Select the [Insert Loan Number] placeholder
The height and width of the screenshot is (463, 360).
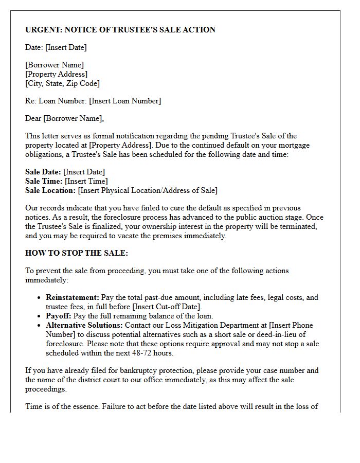[125, 101]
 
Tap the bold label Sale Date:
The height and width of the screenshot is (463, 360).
[43, 172]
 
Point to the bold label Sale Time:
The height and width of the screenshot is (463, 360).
[44, 181]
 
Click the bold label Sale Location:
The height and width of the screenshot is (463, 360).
[50, 190]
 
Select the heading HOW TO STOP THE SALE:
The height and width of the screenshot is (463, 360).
[77, 253]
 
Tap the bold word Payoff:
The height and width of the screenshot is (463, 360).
[59, 316]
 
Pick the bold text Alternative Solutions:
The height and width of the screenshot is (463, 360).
[84, 325]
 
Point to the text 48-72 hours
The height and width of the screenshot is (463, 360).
[155, 353]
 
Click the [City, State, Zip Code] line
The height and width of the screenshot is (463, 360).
[62, 83]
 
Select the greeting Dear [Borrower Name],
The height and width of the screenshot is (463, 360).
[64, 118]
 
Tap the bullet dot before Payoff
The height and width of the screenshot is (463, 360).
[40, 316]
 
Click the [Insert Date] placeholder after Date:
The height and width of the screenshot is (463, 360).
[66, 47]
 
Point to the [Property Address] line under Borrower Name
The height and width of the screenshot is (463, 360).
[56, 74]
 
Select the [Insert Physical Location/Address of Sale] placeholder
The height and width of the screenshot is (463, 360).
[148, 190]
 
